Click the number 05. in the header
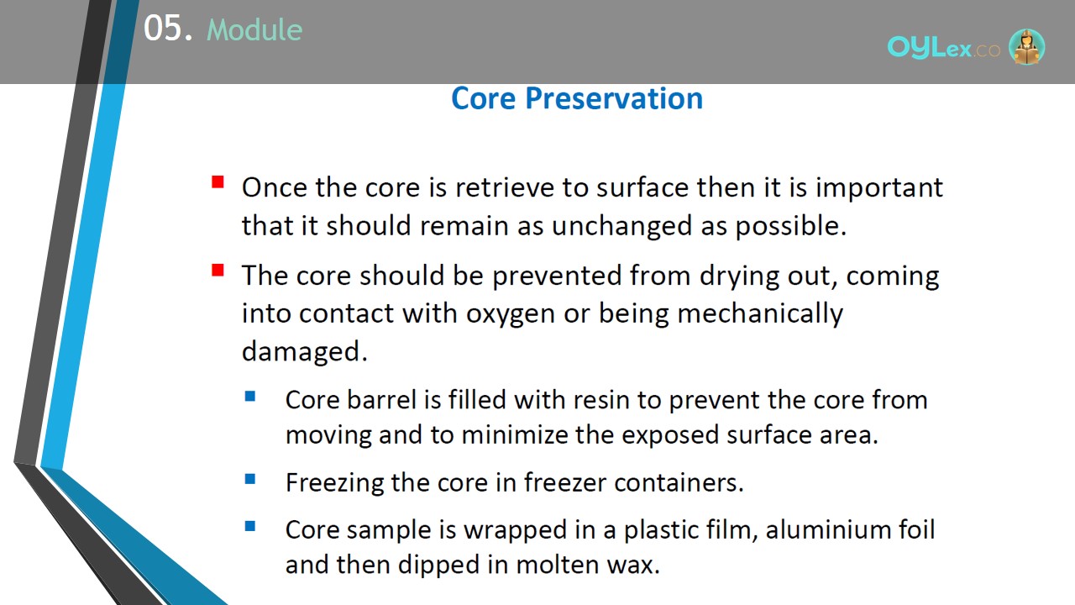(x=168, y=29)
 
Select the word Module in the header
(x=254, y=29)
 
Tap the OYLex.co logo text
(x=943, y=48)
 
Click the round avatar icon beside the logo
(x=1026, y=46)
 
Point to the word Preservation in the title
(x=614, y=98)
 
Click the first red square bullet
(x=218, y=182)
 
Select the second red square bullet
(x=218, y=271)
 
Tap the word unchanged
(x=621, y=226)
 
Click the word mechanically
(x=760, y=314)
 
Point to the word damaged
(x=304, y=351)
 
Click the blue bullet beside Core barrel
(x=250, y=396)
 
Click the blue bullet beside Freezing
(x=250, y=479)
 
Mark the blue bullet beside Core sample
(x=250, y=526)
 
